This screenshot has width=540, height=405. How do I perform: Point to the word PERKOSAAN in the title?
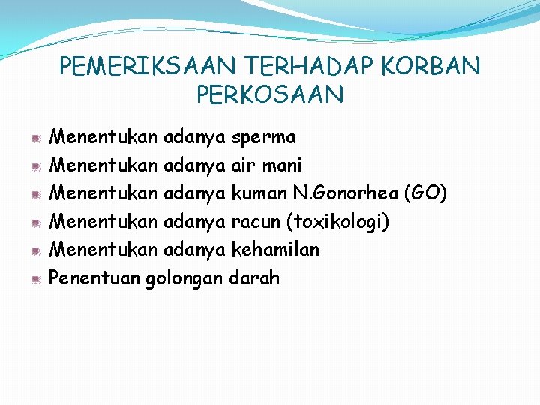[x=270, y=95]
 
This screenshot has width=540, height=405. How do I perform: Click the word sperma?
[x=264, y=138]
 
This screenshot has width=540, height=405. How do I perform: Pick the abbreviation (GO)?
[x=426, y=194]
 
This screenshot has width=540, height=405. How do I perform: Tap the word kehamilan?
[x=275, y=250]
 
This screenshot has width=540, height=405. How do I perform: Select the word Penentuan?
[x=94, y=278]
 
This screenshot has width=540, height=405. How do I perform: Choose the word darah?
[x=254, y=278]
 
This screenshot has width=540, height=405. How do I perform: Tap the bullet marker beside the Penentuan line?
[x=36, y=279]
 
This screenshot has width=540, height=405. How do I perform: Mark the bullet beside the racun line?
[x=36, y=223]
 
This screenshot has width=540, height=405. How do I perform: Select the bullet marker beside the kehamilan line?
[x=36, y=250]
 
